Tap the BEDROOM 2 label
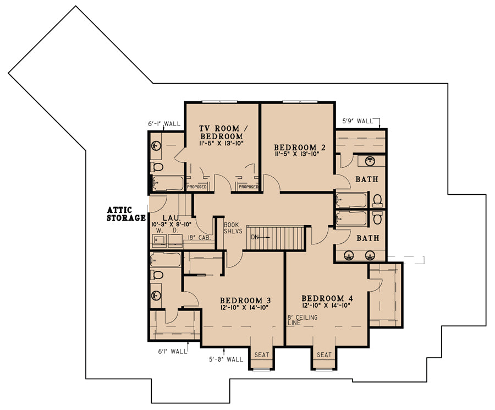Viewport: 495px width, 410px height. tap(300, 147)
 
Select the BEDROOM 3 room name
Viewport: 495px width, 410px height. tap(245, 300)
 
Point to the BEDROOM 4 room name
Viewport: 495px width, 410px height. tap(327, 298)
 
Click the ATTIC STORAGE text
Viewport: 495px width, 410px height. tap(127, 214)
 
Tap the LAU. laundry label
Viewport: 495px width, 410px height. tap(172, 218)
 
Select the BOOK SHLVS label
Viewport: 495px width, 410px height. tap(233, 228)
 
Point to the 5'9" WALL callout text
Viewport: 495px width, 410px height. tap(358, 121)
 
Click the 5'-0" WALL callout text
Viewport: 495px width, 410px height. tap(226, 359)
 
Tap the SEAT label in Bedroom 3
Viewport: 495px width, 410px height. tap(262, 355)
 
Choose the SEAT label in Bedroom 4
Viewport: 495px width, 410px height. tap(324, 355)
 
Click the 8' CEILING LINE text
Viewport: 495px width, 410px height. tap(302, 320)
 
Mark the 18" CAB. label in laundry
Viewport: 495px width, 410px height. tap(199, 238)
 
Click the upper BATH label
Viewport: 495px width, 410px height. tap(367, 179)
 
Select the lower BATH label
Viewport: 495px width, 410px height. tap(368, 238)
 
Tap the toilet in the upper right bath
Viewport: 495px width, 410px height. tap(377, 200)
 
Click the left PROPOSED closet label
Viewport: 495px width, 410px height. tap(197, 187)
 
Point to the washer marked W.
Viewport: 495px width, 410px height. tap(159, 241)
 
